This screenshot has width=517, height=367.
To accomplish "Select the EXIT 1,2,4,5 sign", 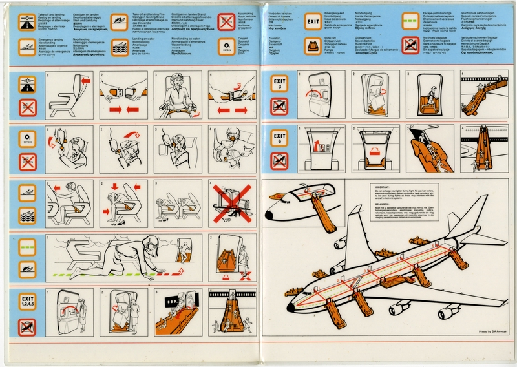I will point(26,300).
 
